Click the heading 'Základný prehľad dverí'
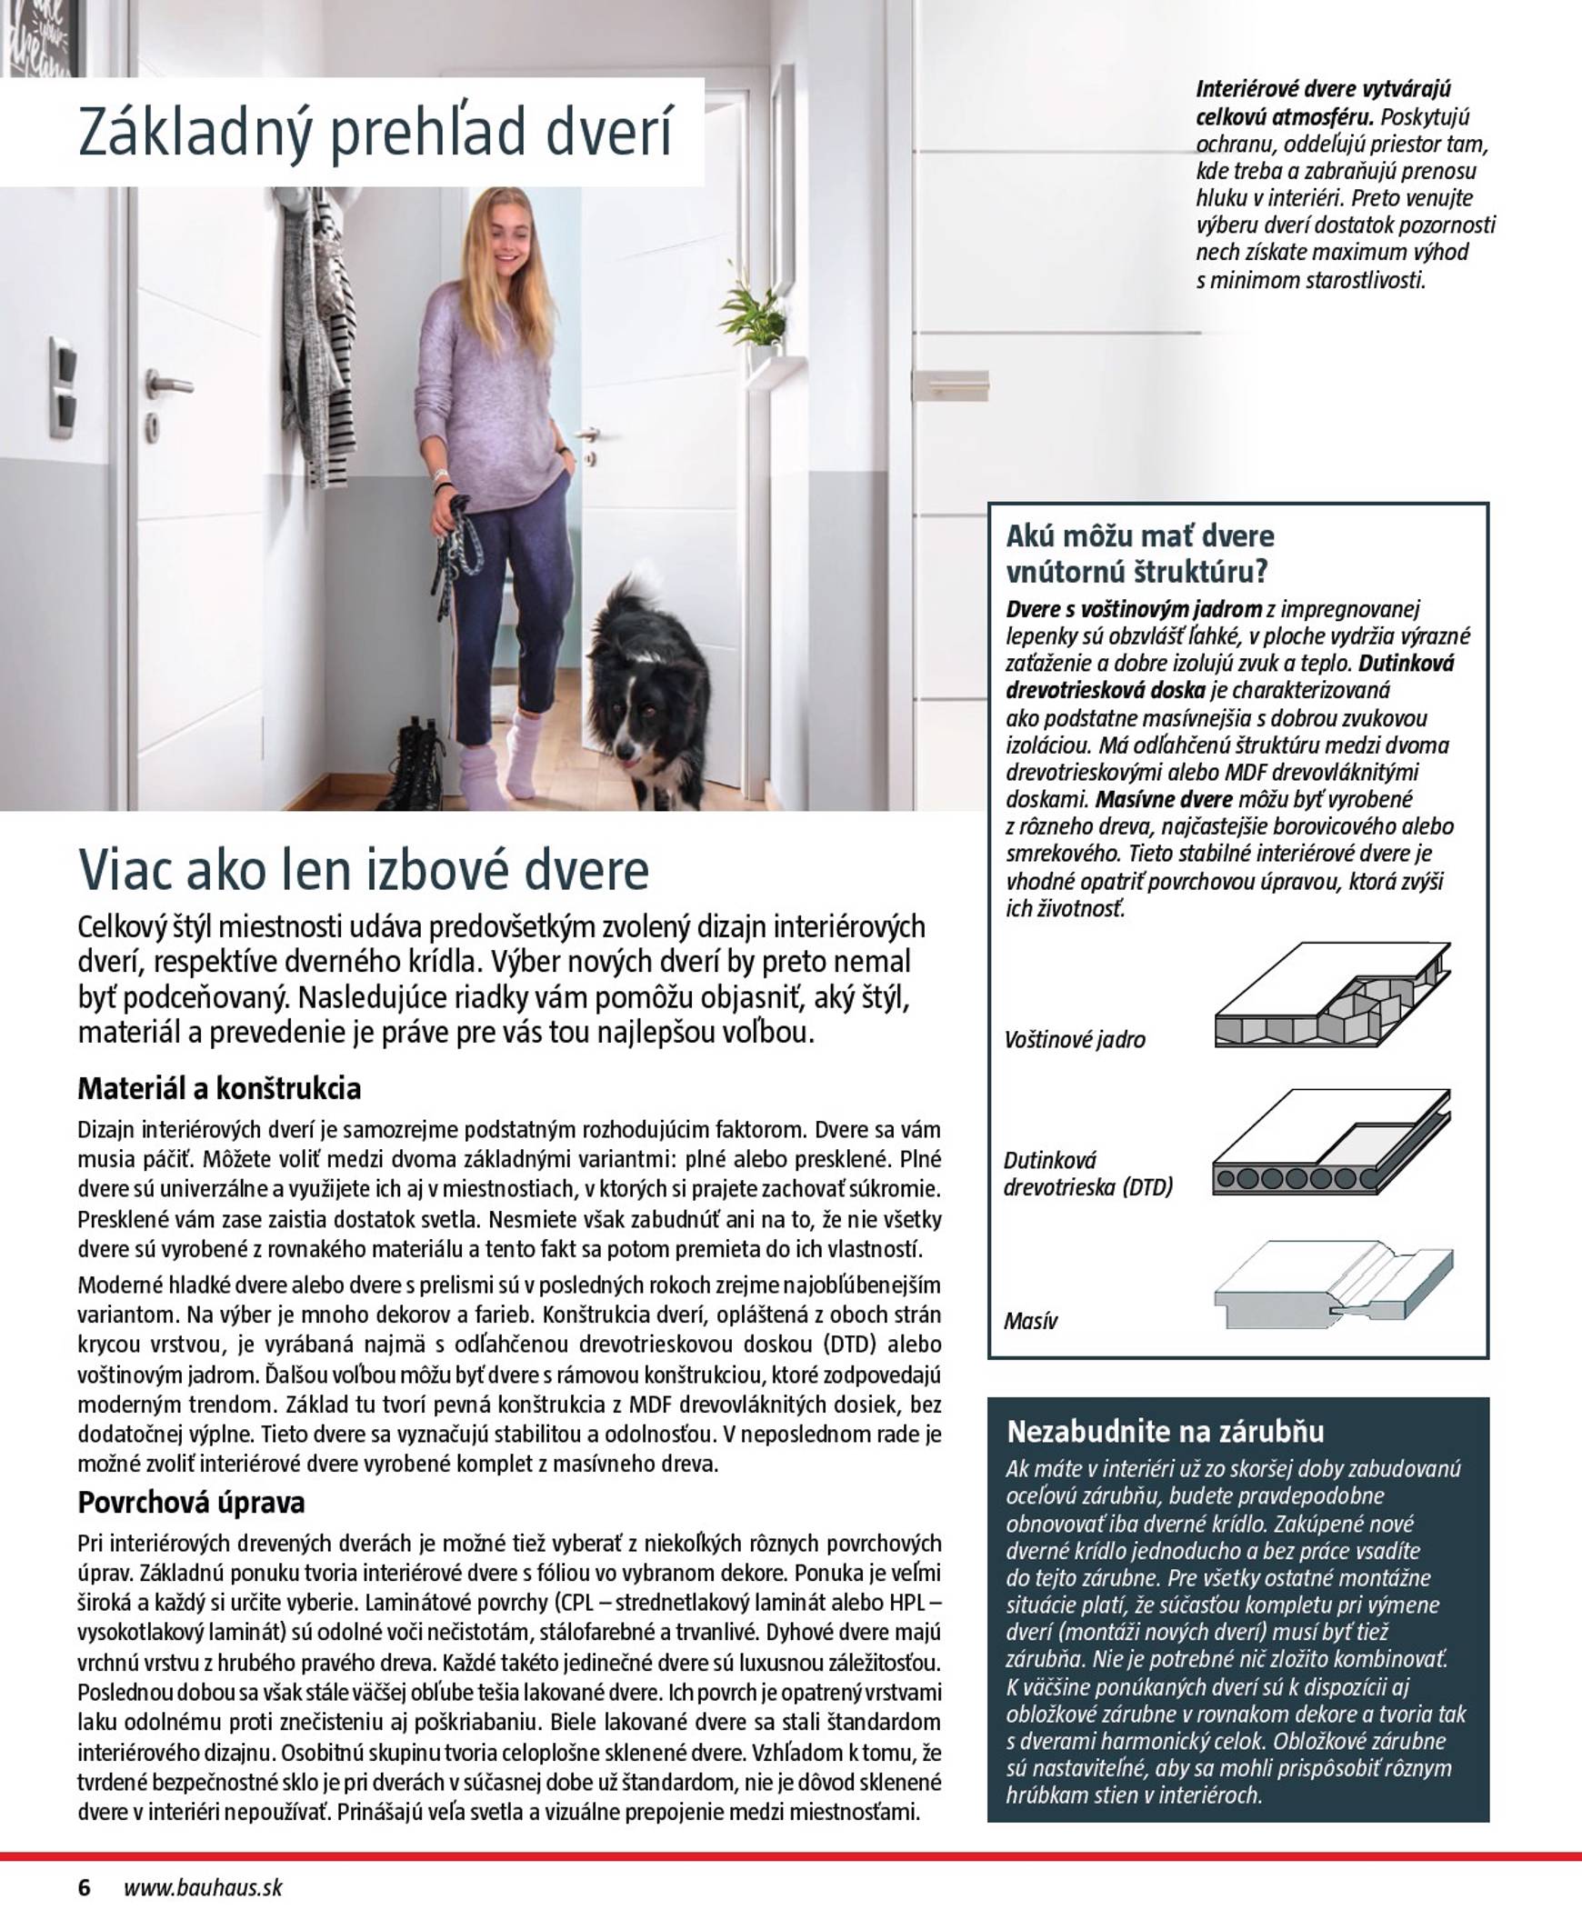pyautogui.click(x=375, y=132)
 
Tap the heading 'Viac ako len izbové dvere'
pyautogui.click(x=364, y=869)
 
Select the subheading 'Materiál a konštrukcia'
pyautogui.click(x=219, y=1088)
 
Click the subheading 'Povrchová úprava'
pyautogui.click(x=190, y=1502)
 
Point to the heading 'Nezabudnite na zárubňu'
pyautogui.click(x=1165, y=1431)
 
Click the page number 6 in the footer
pyautogui.click(x=85, y=1887)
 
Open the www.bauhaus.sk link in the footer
pyautogui.click(x=203, y=1887)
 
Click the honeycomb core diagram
pyautogui.click(x=1331, y=996)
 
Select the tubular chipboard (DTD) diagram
pyautogui.click(x=1331, y=1143)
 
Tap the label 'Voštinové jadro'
pyautogui.click(x=1075, y=1040)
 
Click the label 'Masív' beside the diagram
pyautogui.click(x=1031, y=1321)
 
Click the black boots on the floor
pyautogui.click(x=415, y=765)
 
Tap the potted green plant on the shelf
pyautogui.click(x=756, y=315)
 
